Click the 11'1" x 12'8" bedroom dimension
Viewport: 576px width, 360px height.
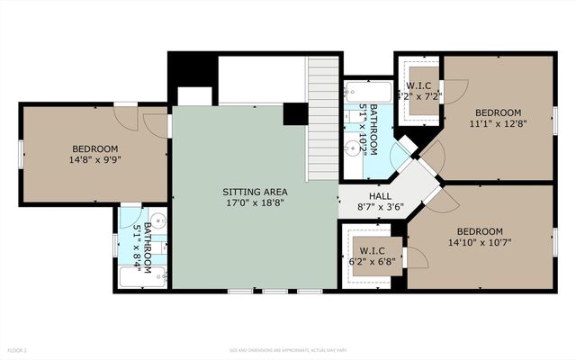click(498, 125)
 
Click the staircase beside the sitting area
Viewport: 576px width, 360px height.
click(322, 117)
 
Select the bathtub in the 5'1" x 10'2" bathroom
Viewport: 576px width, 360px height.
click(367, 91)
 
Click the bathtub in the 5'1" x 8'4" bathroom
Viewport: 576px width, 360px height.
click(142, 277)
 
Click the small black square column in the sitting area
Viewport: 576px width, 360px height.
click(294, 114)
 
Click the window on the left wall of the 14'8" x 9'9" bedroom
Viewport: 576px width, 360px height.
click(21, 154)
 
